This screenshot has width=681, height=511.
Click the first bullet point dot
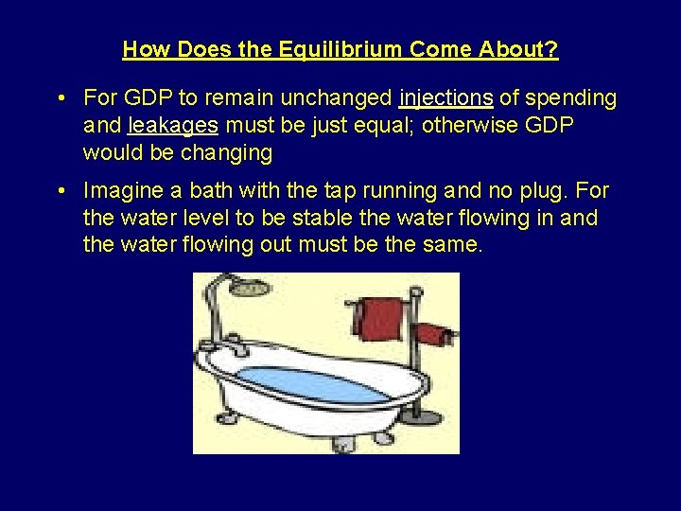pos(61,98)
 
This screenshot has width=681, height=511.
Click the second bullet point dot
pos(61,191)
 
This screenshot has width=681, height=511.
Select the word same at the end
pos(455,246)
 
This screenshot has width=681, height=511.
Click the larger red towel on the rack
pos(382,318)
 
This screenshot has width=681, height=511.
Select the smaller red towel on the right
pos(433,334)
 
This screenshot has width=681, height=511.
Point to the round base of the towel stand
pos(412,414)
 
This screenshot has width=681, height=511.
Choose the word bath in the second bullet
pos(220,191)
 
